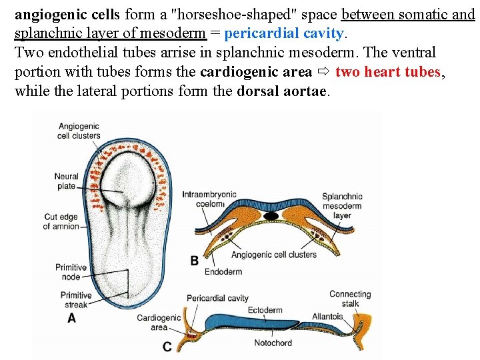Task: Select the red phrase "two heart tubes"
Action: pyautogui.click(x=388, y=72)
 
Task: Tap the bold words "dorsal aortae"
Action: pyautogui.click(x=283, y=91)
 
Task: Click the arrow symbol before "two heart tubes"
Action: pyautogui.click(x=323, y=72)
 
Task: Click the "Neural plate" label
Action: pyautogui.click(x=66, y=181)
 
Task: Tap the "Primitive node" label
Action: pyautogui.click(x=71, y=272)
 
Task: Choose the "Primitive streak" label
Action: pyautogui.click(x=76, y=300)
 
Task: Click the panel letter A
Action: pyautogui.click(x=71, y=318)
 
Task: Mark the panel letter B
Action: pyautogui.click(x=195, y=261)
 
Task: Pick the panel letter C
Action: pyautogui.click(x=167, y=346)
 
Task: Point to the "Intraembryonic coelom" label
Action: pyautogui.click(x=209, y=199)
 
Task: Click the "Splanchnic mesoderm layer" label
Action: pyautogui.click(x=342, y=206)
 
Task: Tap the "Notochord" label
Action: pyautogui.click(x=273, y=343)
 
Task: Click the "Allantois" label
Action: pyautogui.click(x=327, y=317)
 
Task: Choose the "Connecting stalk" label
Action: pyautogui.click(x=350, y=299)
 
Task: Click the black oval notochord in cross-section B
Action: pyautogui.click(x=271, y=216)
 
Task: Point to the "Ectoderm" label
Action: pyautogui.click(x=265, y=310)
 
